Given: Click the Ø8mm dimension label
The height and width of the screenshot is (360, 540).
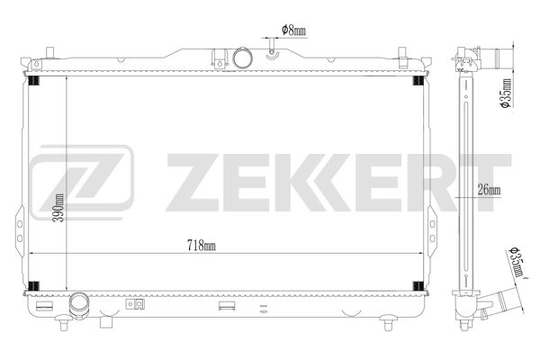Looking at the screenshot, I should click(x=293, y=30).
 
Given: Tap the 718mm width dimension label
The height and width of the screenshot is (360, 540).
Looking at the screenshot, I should click(x=202, y=245).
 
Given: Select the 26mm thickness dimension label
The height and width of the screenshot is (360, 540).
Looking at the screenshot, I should click(x=488, y=190).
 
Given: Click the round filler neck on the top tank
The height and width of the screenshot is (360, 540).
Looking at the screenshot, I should click(x=241, y=58).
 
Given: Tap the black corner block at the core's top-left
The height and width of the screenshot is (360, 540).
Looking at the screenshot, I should click(x=34, y=82).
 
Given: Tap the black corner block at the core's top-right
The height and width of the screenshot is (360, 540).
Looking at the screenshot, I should click(x=418, y=82).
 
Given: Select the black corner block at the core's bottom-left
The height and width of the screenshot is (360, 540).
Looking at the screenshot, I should click(x=34, y=286).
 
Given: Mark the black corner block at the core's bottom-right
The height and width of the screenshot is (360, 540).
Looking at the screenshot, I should click(x=418, y=286).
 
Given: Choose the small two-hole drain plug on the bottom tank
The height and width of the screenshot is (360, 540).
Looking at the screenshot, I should click(x=138, y=305).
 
